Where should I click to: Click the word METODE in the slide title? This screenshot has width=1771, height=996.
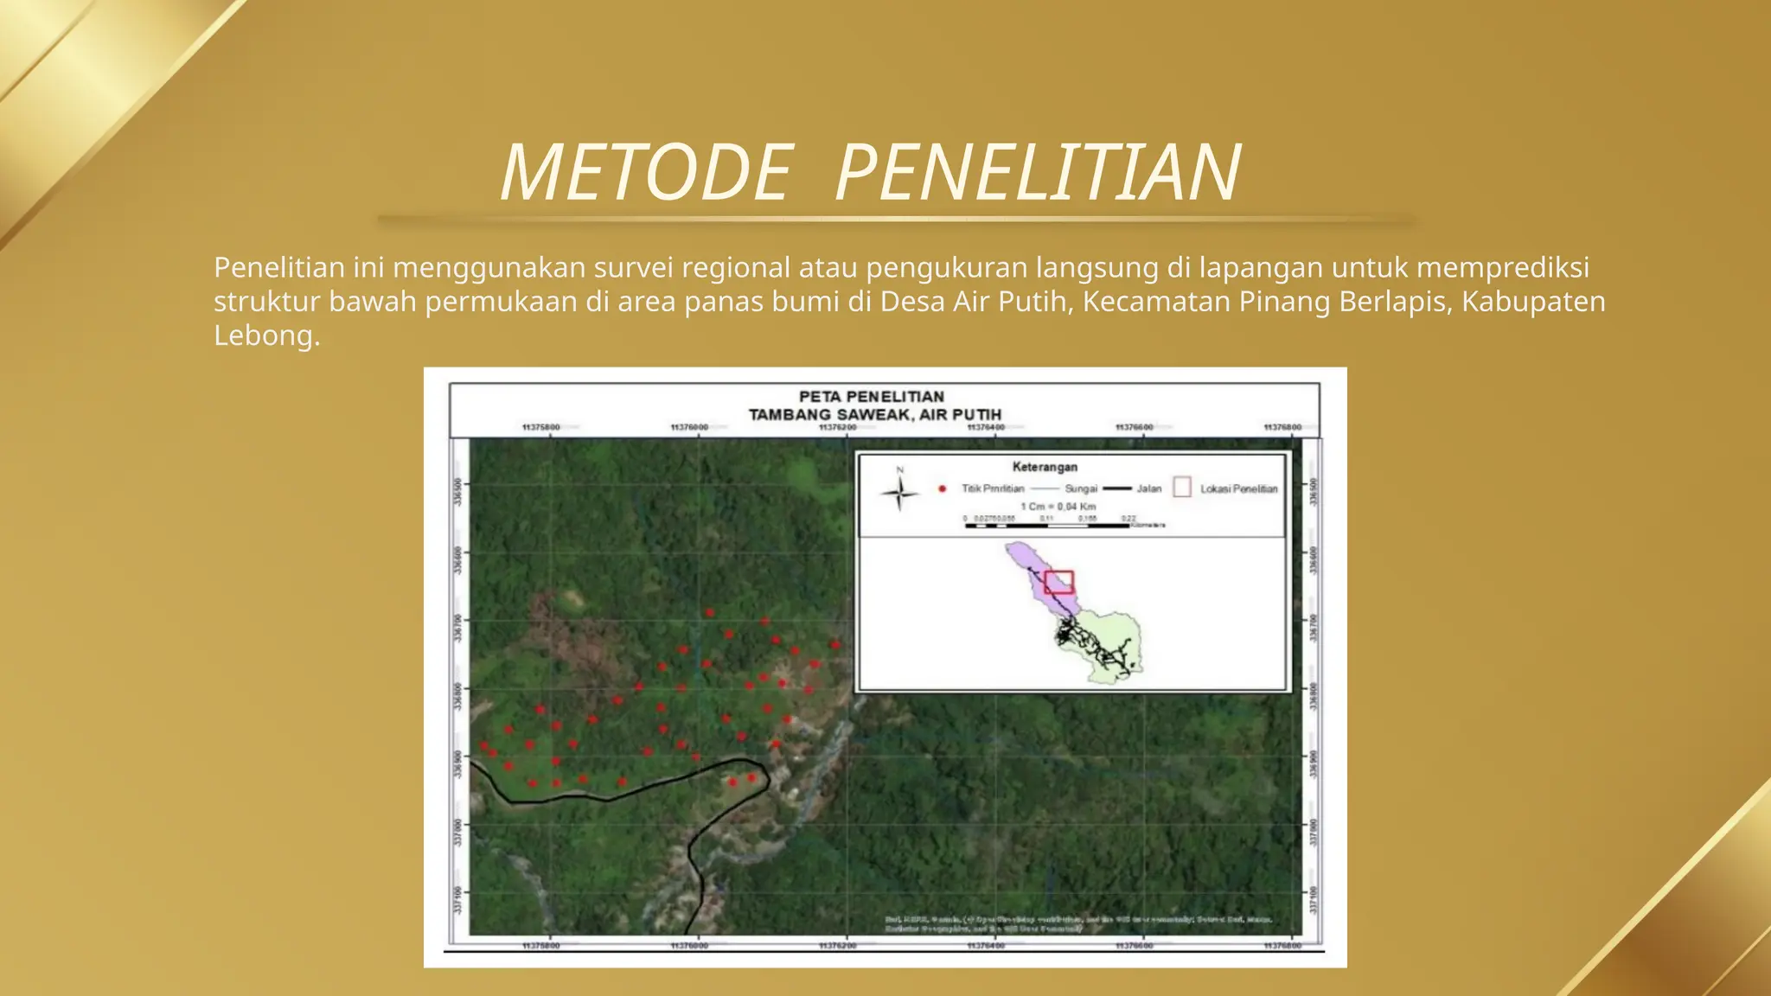coord(645,173)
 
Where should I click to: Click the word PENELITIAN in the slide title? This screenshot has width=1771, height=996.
coord(1038,173)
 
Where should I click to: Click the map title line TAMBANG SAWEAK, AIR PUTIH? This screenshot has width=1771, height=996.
coord(874,414)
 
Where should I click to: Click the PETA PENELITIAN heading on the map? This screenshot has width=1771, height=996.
coord(871,396)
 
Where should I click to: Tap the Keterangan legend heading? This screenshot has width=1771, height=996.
coord(1045,467)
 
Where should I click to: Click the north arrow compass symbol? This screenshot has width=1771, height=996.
coord(900,494)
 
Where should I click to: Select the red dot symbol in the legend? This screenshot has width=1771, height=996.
coord(942,489)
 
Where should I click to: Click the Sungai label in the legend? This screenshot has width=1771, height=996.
coord(1081,489)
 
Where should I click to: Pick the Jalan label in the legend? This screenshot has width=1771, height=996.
coord(1148,489)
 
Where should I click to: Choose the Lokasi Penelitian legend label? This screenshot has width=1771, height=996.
coord(1238,489)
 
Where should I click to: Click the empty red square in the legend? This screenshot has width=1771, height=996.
coord(1181,488)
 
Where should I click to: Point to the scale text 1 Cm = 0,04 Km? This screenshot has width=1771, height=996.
coord(1058,507)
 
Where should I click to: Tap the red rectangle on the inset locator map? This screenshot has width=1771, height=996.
coord(1058,582)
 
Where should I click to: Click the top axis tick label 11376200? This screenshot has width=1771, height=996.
coord(838,427)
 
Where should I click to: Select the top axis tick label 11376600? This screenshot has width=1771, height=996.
coord(1134,427)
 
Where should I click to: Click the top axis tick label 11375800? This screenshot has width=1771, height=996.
coord(541,427)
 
